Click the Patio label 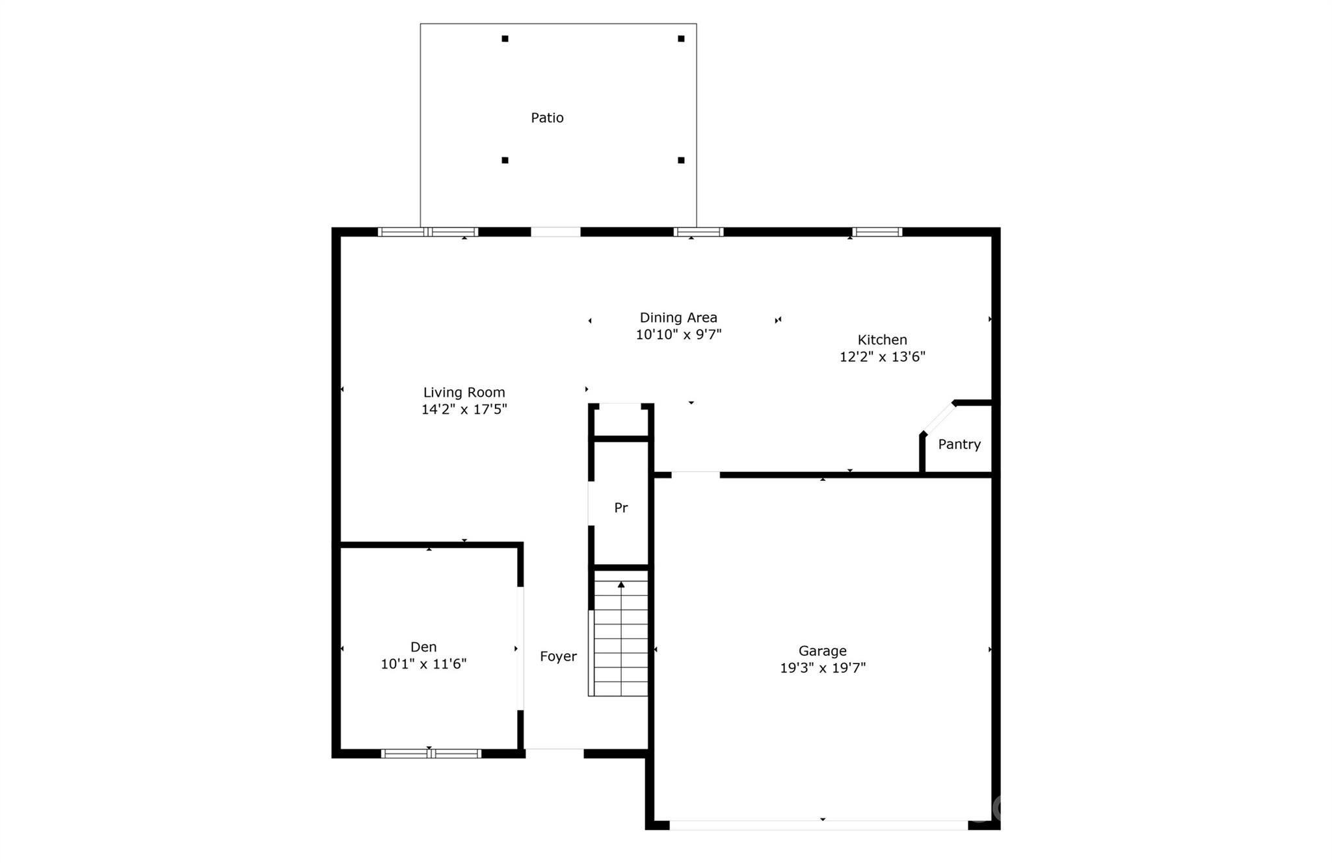(547, 118)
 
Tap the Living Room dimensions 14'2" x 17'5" (464, 409)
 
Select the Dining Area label (678, 317)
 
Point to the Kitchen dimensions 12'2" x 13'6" (882, 357)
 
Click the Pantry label (959, 445)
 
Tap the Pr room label (621, 508)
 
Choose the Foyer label (558, 656)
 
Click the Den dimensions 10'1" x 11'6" (423, 664)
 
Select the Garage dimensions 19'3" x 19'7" (823, 668)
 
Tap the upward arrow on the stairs (621, 585)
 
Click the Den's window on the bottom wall (431, 753)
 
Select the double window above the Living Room (428, 232)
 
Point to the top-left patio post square (505, 39)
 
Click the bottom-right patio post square (681, 160)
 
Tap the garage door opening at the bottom (818, 825)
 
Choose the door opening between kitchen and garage (695, 475)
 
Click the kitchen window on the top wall (877, 232)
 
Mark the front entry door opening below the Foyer (554, 753)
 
